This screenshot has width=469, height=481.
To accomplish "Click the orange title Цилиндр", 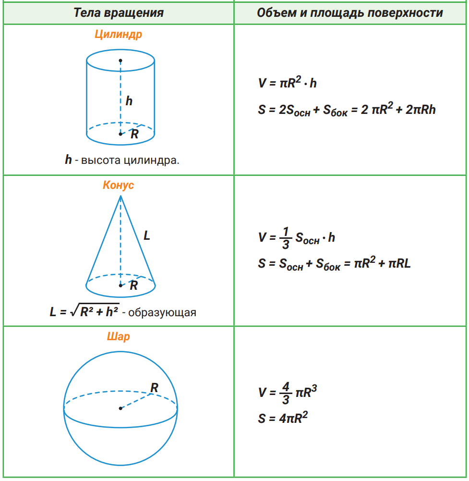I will tap(118, 35).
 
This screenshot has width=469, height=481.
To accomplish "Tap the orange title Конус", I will tap(118, 185).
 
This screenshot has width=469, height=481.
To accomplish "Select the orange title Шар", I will tap(118, 336).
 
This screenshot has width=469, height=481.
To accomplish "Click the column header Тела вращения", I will tap(119, 12).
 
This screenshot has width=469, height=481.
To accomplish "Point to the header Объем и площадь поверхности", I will tap(349, 12).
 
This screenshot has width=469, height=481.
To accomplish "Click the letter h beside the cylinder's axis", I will tap(129, 101).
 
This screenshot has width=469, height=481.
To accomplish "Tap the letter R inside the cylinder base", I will tap(134, 135).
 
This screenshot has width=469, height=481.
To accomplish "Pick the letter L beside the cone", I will tap(147, 235).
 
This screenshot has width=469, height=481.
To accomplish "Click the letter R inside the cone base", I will tap(134, 285).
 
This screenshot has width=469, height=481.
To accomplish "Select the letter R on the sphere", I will tap(154, 387).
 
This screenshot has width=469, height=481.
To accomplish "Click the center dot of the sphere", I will tap(120, 408).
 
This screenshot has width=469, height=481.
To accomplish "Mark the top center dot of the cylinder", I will tap(120, 61).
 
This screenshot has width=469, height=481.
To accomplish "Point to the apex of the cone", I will tap(120, 196).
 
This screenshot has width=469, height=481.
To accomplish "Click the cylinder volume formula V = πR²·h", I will tap(287, 83).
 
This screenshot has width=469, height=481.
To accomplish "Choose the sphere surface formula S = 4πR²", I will tap(282, 418).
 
